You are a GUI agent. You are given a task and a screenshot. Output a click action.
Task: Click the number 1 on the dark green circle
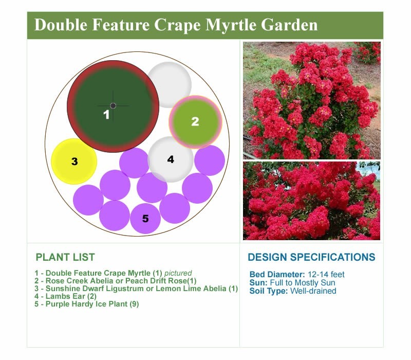(x=106, y=115)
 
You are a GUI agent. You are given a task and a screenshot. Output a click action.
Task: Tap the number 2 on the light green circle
(x=195, y=121)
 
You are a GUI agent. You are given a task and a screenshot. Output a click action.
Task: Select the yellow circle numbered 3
(x=74, y=161)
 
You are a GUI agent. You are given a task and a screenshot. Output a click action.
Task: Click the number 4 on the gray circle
(x=171, y=159)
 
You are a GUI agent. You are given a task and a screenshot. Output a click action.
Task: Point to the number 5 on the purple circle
(x=145, y=219)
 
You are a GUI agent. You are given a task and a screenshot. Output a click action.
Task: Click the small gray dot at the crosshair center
(x=113, y=106)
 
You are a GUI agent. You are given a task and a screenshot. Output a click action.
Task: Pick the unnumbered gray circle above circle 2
(x=170, y=84)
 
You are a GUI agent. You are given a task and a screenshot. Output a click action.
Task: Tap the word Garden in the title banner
(x=289, y=25)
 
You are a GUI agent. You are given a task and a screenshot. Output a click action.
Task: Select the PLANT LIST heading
(x=65, y=257)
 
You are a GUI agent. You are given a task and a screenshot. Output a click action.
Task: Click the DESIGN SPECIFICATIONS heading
(x=311, y=257)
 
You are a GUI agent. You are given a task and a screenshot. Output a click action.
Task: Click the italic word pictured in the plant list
(x=178, y=273)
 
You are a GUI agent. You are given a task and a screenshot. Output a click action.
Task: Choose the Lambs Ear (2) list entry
(x=66, y=296)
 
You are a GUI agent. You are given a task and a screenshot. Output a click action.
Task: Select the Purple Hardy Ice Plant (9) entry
(x=87, y=304)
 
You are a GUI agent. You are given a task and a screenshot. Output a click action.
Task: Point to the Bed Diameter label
(x=277, y=275)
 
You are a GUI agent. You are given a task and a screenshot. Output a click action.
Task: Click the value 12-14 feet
(x=326, y=275)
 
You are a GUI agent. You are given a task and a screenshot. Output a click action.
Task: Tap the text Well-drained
(x=313, y=291)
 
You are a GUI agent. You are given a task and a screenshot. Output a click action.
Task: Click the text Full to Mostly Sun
(x=303, y=283)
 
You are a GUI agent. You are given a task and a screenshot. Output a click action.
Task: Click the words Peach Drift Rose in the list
(x=156, y=281)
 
